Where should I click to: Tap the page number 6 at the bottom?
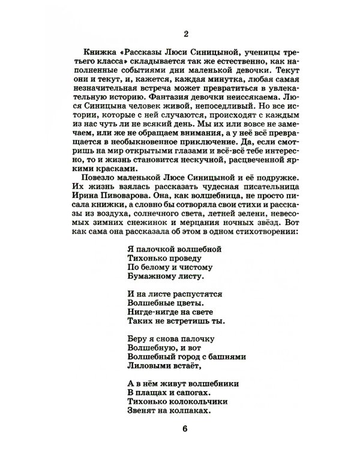(184, 428)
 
